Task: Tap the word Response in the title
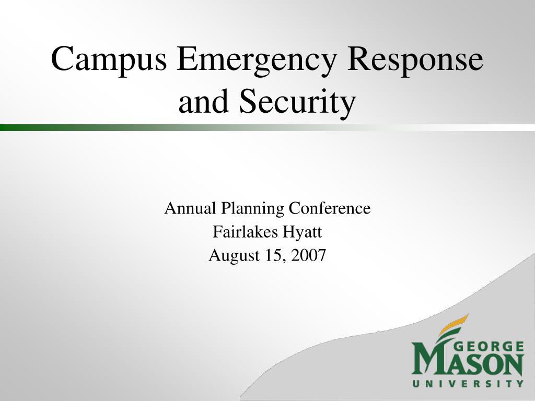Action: (415, 58)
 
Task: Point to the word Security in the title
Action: (297, 101)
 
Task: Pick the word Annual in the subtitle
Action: (190, 208)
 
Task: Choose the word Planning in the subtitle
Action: (252, 209)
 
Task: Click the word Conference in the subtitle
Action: (330, 208)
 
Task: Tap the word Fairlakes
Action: (246, 232)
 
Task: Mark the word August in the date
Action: (234, 256)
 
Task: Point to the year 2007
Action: (309, 255)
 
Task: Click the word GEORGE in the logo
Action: (490, 347)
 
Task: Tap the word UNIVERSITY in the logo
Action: (468, 383)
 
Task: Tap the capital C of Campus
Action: (63, 58)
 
